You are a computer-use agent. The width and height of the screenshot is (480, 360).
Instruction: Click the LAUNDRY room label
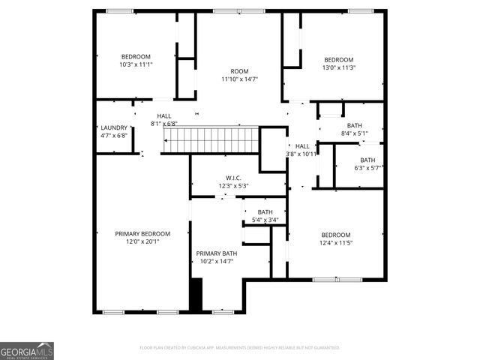[114, 128]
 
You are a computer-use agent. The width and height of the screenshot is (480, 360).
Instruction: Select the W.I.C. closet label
[238, 178]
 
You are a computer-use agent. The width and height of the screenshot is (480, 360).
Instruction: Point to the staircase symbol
[211, 139]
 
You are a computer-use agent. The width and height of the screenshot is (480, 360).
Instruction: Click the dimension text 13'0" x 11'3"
[338, 67]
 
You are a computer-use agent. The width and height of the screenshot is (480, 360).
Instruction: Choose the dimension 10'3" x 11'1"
[136, 64]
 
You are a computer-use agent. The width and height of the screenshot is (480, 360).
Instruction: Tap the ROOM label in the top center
[239, 71]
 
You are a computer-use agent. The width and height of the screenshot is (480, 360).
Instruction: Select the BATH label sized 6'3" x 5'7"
[367, 160]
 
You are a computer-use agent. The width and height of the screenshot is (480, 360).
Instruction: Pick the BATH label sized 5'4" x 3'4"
[265, 212]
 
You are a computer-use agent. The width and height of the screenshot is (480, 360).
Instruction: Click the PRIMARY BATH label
[216, 253]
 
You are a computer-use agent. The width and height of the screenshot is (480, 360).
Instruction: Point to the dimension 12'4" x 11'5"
[335, 242]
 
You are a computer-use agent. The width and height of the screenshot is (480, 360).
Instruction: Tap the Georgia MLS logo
[27, 351]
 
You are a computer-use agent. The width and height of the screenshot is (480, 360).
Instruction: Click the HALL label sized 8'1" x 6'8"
[163, 116]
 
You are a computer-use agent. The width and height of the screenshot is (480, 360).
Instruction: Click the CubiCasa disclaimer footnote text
[240, 348]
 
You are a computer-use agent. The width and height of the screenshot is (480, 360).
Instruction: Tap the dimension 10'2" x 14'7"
[216, 261]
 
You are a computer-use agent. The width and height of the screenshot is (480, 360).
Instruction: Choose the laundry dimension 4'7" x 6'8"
[114, 136]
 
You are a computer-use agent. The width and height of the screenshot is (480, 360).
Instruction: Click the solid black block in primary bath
[196, 294]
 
